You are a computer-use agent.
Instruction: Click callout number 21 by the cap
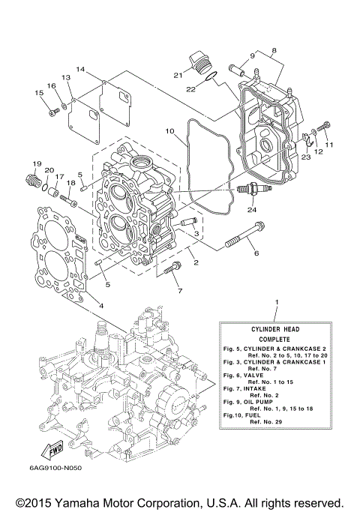(x=178, y=74)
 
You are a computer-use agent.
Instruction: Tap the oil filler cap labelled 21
(x=198, y=61)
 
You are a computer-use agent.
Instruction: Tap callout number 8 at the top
(x=274, y=50)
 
